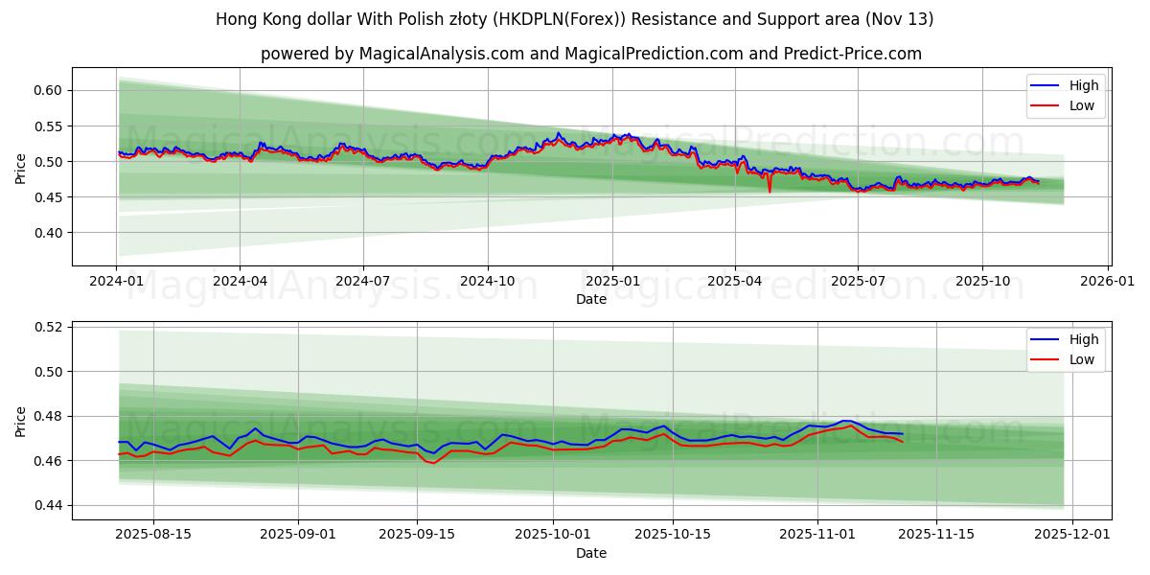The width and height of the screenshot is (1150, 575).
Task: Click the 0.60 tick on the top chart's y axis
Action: pos(46,90)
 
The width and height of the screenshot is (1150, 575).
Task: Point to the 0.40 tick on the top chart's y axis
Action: pos(46,233)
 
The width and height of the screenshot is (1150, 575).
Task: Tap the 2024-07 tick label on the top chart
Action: pos(363,281)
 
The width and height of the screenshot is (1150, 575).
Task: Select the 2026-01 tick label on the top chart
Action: pos(1108,281)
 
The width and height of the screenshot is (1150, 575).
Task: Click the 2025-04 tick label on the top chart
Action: pos(735,281)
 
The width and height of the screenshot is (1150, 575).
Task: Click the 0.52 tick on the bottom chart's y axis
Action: pos(46,327)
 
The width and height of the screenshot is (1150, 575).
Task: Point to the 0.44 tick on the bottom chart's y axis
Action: pos(46,505)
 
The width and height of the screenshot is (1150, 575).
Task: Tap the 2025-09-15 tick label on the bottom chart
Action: pos(417,534)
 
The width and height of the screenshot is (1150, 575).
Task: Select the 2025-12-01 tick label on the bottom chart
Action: pos(1072,534)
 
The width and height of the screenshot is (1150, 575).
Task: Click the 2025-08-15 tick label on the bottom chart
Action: pos(153,534)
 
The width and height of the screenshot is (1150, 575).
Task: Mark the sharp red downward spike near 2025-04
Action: pos(770,191)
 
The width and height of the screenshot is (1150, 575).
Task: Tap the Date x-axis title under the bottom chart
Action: pos(591,553)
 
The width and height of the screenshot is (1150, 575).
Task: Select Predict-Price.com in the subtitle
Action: pos(859,54)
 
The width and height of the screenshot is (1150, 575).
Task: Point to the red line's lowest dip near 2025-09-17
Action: pos(433,463)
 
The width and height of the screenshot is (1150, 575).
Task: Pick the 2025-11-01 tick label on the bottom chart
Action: pos(817,534)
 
